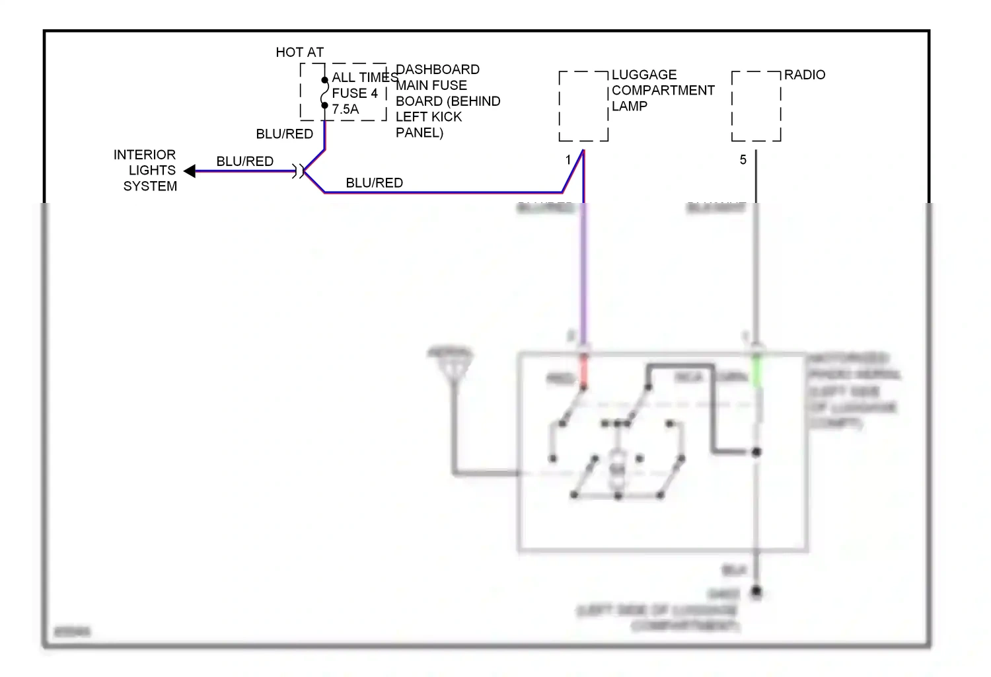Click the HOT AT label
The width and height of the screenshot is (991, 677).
pos(299,52)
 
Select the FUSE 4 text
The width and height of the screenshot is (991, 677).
pos(355,93)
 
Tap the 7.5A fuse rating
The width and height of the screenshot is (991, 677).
pos(345,109)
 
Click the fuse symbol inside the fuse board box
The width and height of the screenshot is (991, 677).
pos(324,93)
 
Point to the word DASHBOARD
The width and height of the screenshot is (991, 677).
pos(437,69)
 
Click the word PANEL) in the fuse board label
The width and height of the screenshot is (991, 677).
pos(419,133)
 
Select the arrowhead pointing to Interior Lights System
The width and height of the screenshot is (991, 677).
pos(190,171)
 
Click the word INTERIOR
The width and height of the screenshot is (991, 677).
pos(145,155)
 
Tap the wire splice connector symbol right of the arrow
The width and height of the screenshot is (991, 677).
pos(301,171)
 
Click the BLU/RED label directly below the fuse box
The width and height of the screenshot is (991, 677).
pos(284,134)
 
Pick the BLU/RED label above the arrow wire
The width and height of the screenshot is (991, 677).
pos(244,161)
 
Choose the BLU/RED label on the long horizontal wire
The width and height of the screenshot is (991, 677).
pos(374,183)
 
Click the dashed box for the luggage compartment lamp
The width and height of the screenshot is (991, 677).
pos(583,106)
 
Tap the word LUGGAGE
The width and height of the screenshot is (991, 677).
pos(643,75)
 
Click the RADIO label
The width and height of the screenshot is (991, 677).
pos(804,75)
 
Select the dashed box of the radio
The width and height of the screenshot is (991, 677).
pos(756,106)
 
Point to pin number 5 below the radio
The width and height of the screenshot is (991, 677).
pos(743,160)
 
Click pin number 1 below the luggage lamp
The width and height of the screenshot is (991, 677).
pos(568,160)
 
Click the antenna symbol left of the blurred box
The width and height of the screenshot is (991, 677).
pos(451,364)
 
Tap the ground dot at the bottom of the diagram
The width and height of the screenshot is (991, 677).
pos(756,592)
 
